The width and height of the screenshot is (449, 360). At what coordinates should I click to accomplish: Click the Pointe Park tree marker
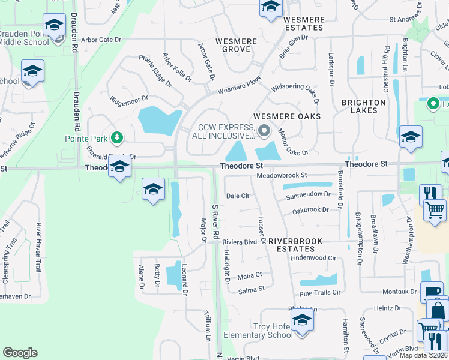coord(119,137)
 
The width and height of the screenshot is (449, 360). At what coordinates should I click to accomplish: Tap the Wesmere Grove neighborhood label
coord(231,45)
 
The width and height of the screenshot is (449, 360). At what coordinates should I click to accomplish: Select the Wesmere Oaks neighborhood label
coord(287,116)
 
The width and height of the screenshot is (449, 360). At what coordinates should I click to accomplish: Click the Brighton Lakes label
coord(363,106)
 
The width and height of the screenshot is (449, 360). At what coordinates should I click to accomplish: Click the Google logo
coord(20,352)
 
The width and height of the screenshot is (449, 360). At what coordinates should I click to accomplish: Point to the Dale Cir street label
coord(237,196)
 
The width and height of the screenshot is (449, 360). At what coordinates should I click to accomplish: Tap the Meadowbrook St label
coord(282,175)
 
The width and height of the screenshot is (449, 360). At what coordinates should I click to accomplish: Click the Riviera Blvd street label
coord(240,242)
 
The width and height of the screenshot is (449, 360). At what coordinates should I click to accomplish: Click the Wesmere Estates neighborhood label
coord(304,24)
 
